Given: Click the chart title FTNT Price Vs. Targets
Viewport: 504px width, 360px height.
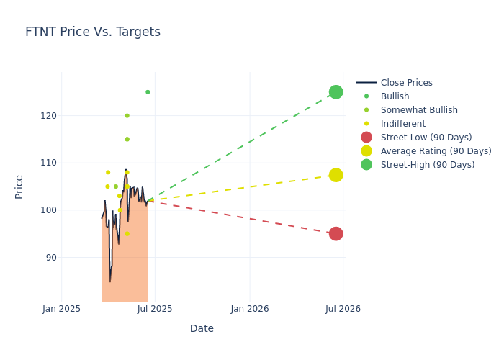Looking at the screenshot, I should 93,32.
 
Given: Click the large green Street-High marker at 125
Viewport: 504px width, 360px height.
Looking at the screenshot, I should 336,92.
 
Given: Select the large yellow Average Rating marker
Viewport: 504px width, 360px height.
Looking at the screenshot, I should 336,175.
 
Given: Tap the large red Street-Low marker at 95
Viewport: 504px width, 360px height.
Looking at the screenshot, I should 336,234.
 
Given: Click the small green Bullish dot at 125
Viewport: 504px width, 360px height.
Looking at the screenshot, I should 148,92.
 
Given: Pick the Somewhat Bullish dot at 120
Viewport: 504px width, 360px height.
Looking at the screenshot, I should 127,116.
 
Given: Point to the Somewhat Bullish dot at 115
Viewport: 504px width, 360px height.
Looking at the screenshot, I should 127,140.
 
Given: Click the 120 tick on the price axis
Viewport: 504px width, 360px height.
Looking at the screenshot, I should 48,116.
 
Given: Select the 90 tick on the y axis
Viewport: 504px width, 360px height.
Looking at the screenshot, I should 51,258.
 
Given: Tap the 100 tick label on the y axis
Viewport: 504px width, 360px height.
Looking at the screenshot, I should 48,210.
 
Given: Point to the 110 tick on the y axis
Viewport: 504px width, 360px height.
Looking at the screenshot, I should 48,163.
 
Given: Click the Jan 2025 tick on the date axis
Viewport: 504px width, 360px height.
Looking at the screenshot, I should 61,309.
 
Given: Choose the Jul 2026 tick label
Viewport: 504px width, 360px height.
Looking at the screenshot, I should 343,309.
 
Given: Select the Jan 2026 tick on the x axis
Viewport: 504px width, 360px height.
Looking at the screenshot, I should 250,309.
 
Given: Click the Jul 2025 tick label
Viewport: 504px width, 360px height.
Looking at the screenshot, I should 155,309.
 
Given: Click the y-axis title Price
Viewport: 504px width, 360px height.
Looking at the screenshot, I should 19,186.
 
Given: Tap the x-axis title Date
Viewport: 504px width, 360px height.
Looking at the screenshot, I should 202,329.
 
